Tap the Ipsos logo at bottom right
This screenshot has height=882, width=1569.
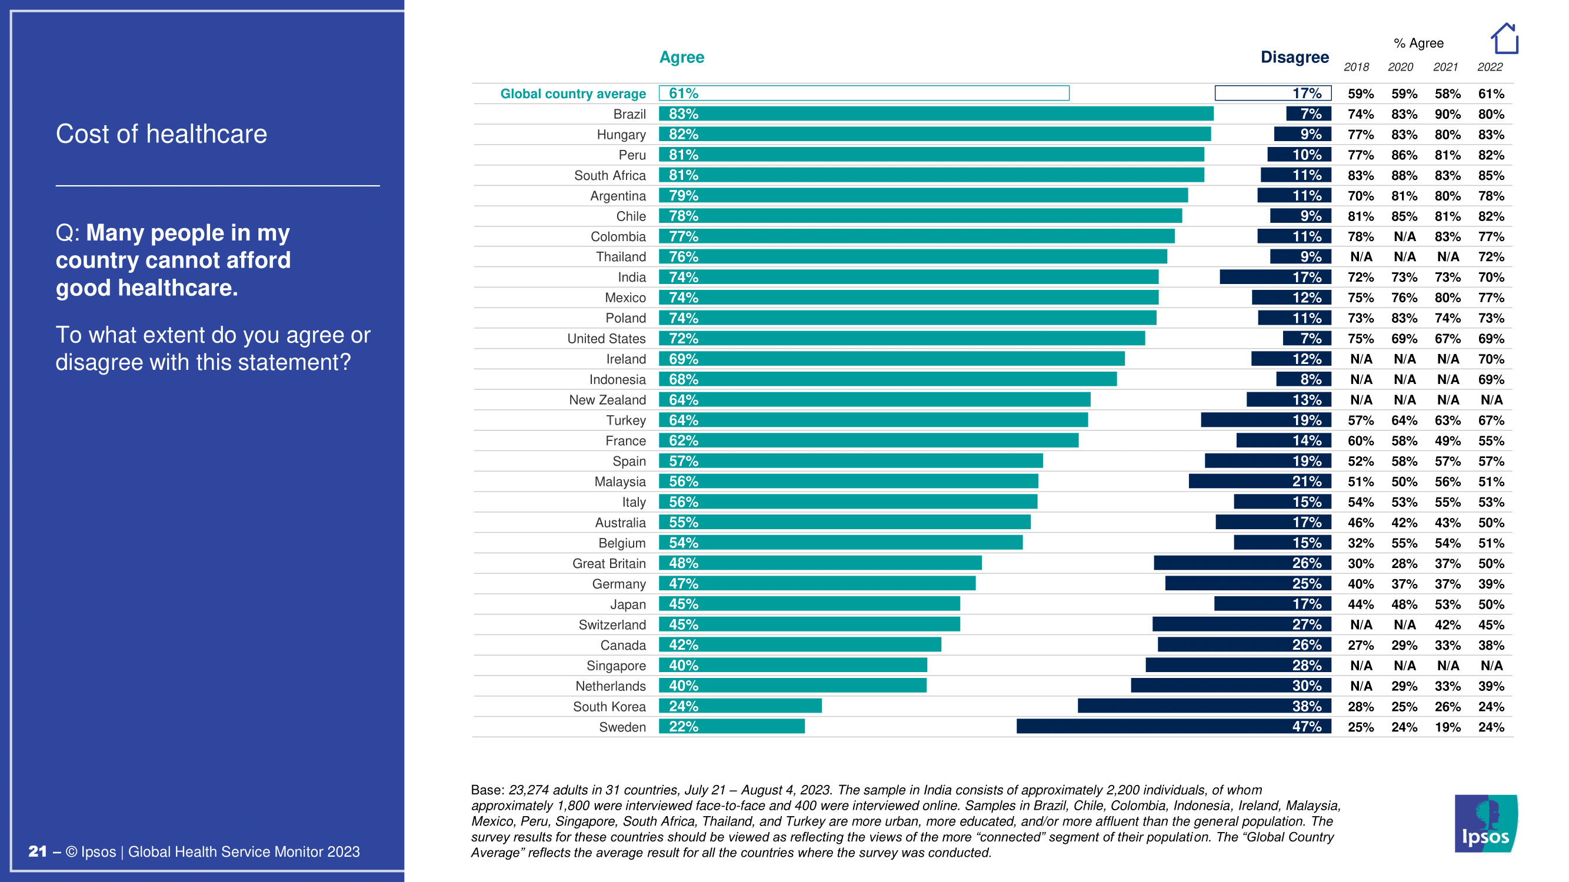(1485, 823)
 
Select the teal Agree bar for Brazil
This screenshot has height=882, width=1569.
(935, 114)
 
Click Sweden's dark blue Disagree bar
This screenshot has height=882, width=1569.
(1173, 726)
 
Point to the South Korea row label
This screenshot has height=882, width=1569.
(608, 706)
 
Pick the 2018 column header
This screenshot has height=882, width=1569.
(1356, 67)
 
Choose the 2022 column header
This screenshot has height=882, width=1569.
(1490, 67)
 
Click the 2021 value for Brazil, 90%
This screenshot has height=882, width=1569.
(1447, 115)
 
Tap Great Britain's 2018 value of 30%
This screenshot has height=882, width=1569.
(1360, 564)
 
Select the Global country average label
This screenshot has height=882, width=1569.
(572, 93)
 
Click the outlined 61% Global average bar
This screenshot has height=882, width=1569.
(864, 93)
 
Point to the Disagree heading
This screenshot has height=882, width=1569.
(1294, 57)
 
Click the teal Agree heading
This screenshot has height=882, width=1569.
(682, 57)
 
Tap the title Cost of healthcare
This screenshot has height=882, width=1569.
(161, 134)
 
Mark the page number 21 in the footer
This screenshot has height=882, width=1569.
(37, 851)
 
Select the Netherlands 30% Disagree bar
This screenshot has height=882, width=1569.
(1230, 686)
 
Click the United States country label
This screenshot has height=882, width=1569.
(606, 339)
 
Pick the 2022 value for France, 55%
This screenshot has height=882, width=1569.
(1490, 440)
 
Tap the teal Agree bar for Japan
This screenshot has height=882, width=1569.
(809, 604)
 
